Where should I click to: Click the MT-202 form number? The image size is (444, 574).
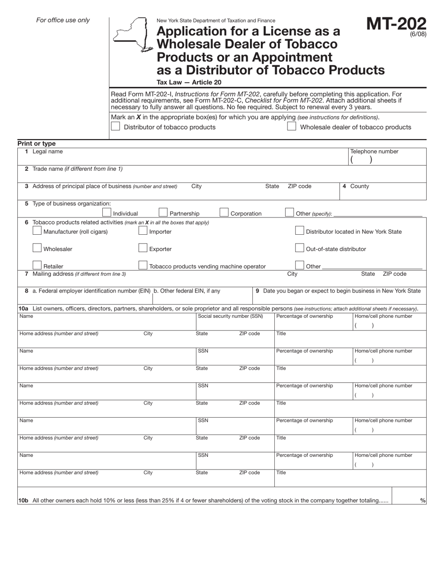coord(396,25)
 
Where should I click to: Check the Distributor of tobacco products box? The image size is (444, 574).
coord(115,126)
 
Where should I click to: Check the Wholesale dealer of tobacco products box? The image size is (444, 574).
coord(291,126)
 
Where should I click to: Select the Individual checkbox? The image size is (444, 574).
coord(107,212)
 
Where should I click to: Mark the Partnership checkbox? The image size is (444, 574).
coord(163,212)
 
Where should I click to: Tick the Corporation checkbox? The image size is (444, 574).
coord(224,212)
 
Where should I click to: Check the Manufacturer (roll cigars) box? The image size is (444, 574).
coord(37,231)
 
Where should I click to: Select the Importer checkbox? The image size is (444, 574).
coord(143,231)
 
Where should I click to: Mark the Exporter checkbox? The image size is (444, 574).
coord(143,248)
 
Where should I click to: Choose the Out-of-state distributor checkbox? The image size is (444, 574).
coord(300,248)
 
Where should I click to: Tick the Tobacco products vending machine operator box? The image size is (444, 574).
coord(143,265)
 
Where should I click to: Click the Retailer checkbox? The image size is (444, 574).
coord(37,265)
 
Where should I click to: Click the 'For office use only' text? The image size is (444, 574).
coord(63,20)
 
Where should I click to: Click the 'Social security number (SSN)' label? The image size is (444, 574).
coord(230,316)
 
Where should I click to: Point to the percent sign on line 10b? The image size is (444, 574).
coord(423,501)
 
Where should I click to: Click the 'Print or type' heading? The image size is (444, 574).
coord(36,144)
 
